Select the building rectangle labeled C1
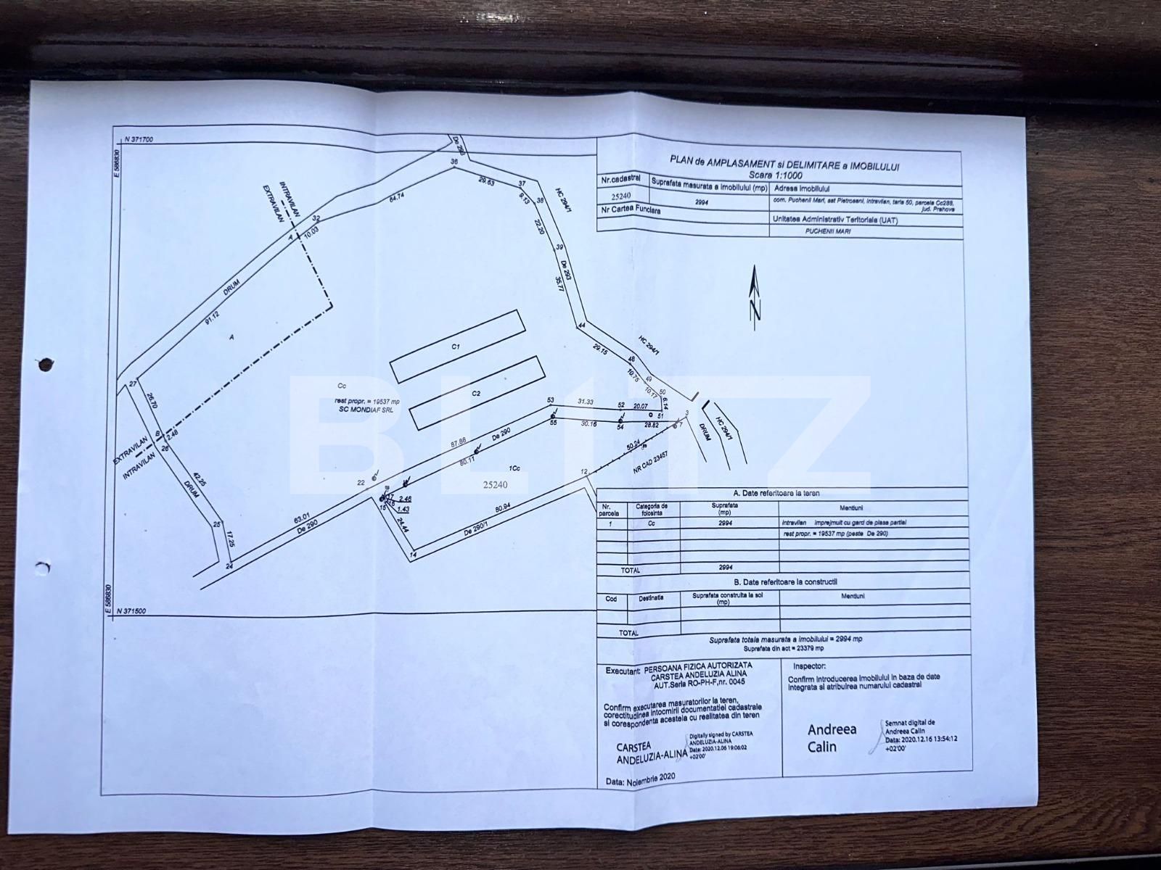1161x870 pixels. (x=456, y=347)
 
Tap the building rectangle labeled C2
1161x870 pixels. (x=477, y=392)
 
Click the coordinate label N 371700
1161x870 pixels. (x=144, y=138)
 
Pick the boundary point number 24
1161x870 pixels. (x=229, y=566)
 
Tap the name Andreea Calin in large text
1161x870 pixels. (x=832, y=737)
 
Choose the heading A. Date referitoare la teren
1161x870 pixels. (x=779, y=493)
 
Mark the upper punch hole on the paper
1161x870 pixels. (x=45, y=363)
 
